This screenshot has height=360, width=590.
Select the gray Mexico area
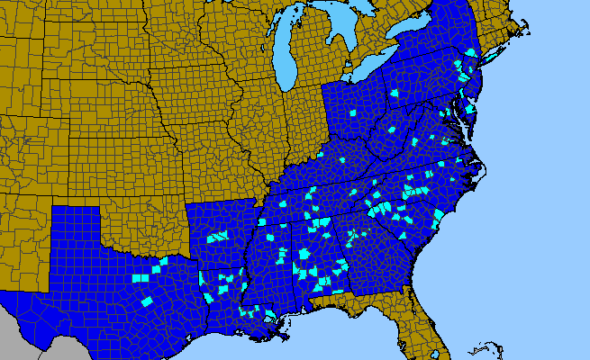point(18,337)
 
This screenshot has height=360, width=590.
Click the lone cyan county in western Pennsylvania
point(394,93)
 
